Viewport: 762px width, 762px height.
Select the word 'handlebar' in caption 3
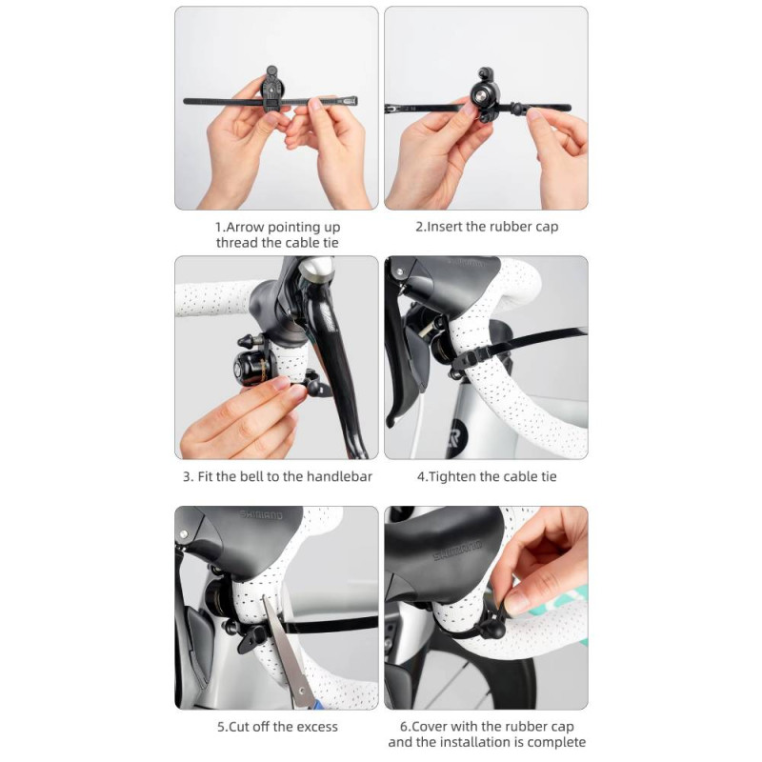coord(339,477)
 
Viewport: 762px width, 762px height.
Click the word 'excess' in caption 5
coord(317,727)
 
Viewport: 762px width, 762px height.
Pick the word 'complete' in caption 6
coord(556,743)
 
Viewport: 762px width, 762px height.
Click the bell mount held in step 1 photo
coord(271,90)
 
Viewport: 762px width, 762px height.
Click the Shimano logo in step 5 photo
coord(261,514)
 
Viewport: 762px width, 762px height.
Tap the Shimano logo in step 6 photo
coord(457,551)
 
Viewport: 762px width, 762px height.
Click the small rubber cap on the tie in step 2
coord(519,108)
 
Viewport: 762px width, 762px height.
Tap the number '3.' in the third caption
coord(188,477)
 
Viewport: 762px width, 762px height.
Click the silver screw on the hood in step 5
coord(184,534)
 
